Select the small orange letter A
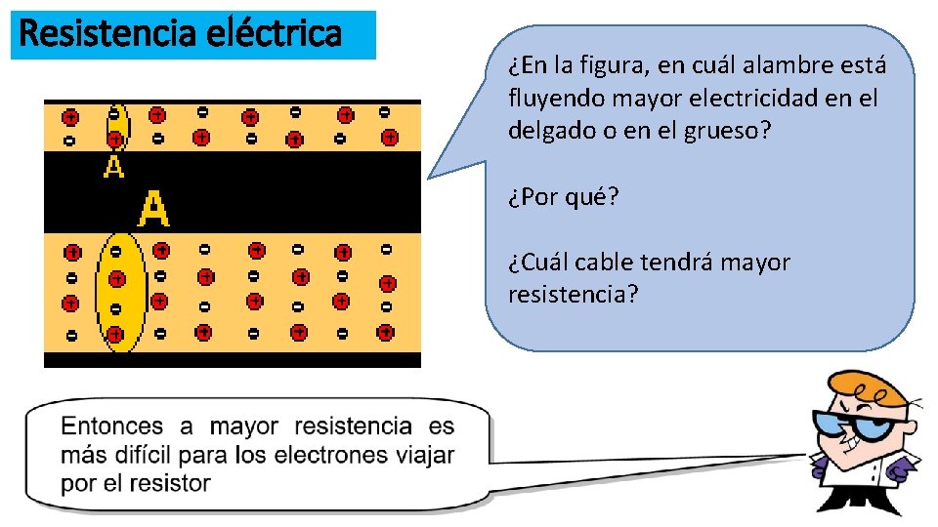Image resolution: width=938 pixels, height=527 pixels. coord(114,167)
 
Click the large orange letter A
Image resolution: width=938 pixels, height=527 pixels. coord(153,209)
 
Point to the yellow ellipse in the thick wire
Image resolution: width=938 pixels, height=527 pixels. coord(119,292)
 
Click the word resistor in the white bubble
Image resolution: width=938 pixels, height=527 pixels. coord(177,483)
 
